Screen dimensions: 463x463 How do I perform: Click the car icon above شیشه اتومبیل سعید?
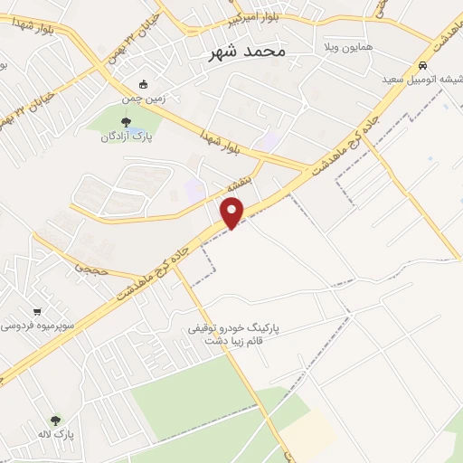[423, 65]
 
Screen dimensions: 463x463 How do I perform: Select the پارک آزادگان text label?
[127, 137]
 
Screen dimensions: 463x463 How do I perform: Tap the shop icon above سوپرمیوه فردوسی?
[36, 309]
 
